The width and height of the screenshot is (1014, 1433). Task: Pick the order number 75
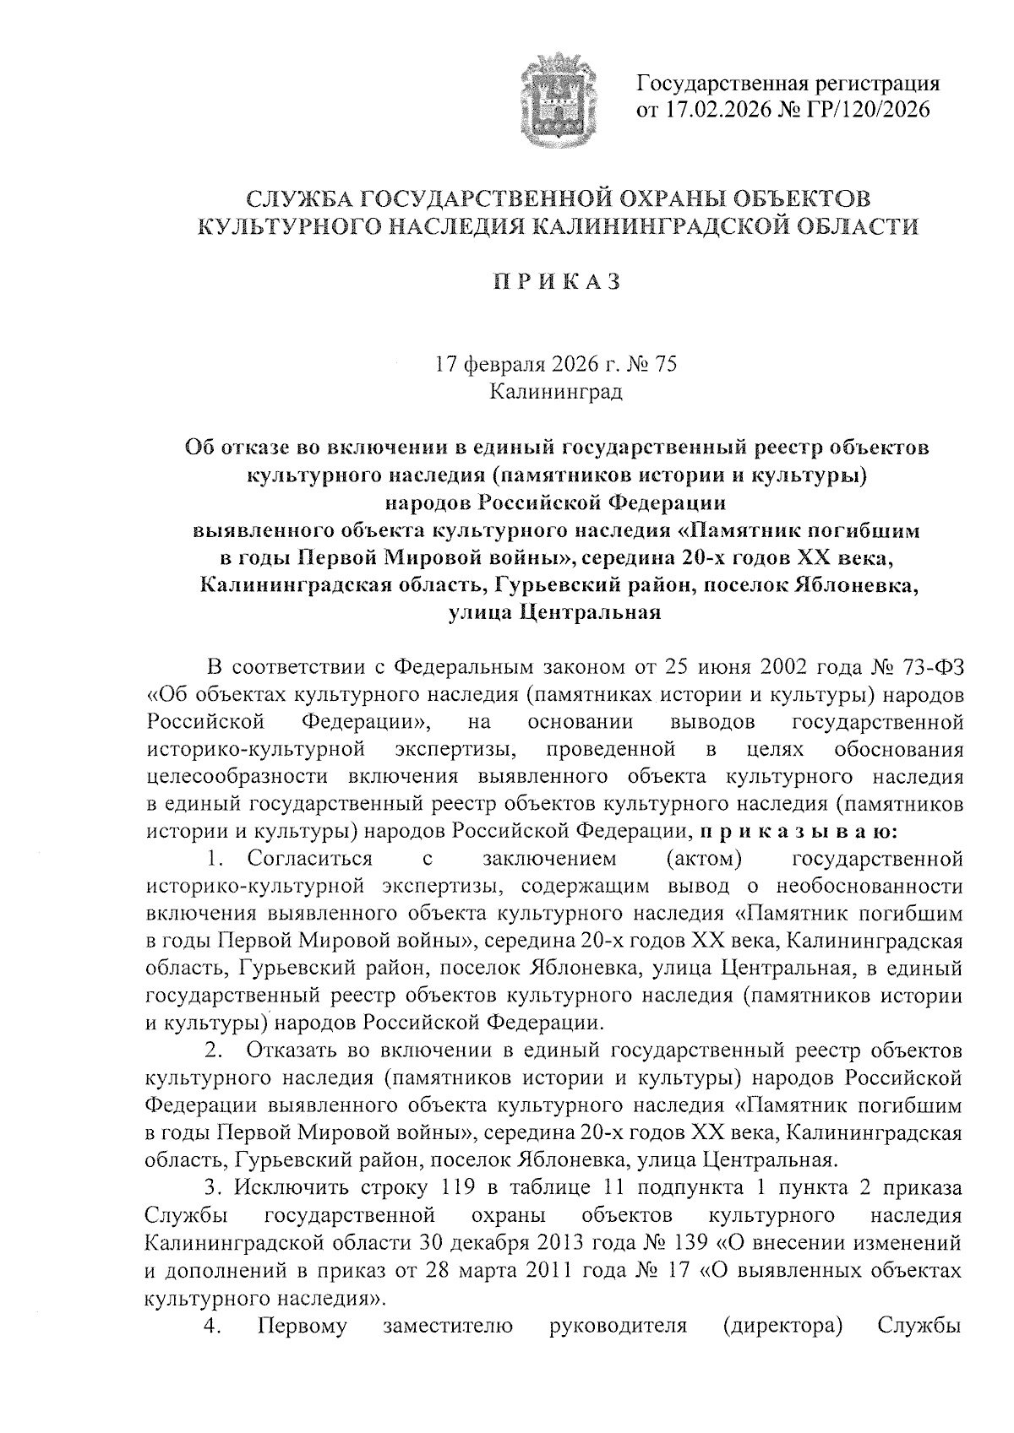pyautogui.click(x=667, y=366)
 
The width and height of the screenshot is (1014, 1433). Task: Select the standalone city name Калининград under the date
pyautogui.click(x=556, y=392)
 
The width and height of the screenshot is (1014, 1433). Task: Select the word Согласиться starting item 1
pyautogui.click(x=310, y=859)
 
